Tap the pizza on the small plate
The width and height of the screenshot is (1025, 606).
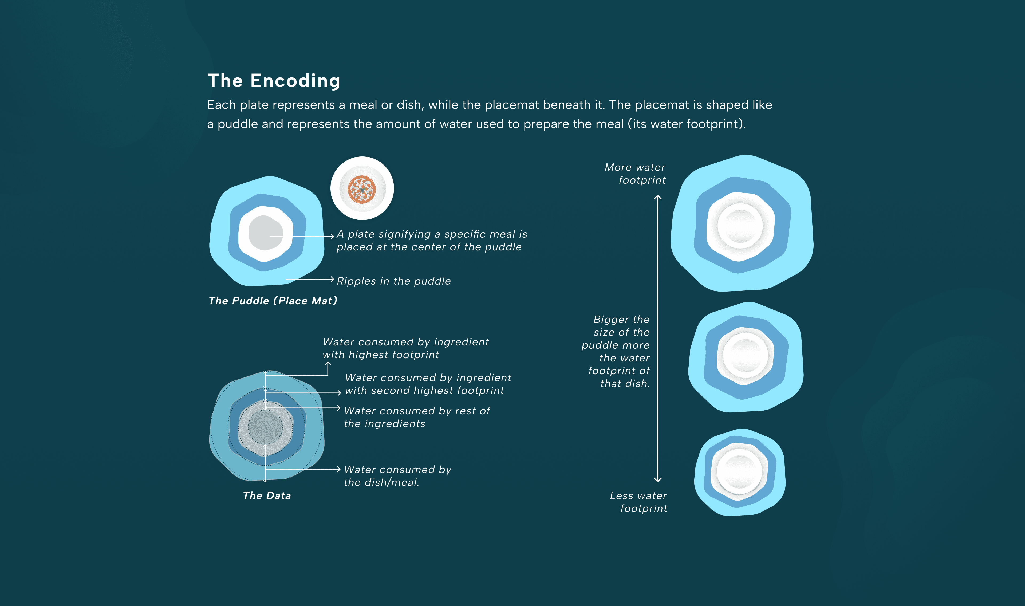pyautogui.click(x=362, y=189)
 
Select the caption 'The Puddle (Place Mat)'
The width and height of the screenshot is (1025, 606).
pyautogui.click(x=273, y=301)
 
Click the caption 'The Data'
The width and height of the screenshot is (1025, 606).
pyautogui.click(x=267, y=496)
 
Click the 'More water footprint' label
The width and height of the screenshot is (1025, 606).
pyautogui.click(x=635, y=174)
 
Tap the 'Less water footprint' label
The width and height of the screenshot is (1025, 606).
pyautogui.click(x=638, y=502)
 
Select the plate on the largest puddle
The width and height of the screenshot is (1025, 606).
pyautogui.click(x=740, y=226)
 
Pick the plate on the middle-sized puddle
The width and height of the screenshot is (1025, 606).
pyautogui.click(x=745, y=356)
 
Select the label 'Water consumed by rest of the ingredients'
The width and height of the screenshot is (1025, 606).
pyautogui.click(x=416, y=417)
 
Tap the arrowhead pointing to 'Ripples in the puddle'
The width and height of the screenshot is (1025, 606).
pyautogui.click(x=332, y=279)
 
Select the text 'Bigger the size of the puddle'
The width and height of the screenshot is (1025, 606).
pyautogui.click(x=616, y=332)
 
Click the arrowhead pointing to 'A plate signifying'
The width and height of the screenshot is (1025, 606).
pyautogui.click(x=332, y=236)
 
